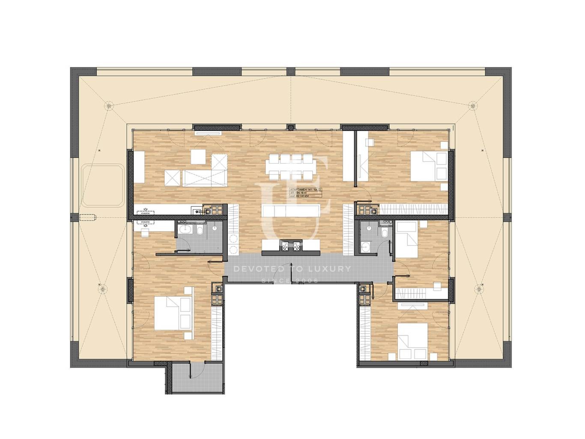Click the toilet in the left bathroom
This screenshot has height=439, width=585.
200,231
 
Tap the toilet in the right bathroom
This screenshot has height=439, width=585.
384,233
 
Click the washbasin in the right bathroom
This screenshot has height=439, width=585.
366,246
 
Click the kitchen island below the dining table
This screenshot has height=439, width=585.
291,211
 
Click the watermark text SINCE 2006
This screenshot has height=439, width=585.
290,281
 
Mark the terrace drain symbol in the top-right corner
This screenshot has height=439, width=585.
473,104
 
